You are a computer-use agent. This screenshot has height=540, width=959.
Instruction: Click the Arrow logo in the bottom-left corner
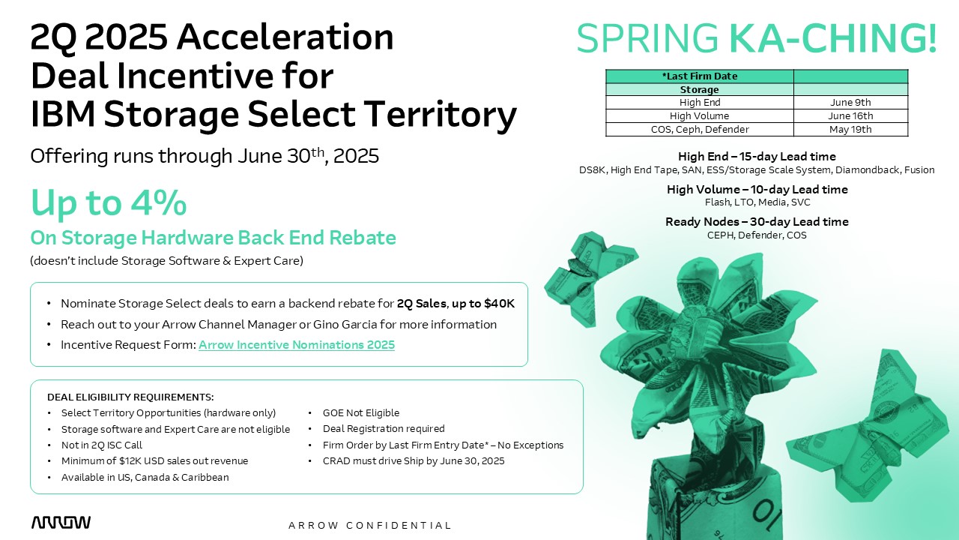(x=61, y=523)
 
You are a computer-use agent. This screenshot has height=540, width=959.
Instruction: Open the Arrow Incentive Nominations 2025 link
(x=297, y=345)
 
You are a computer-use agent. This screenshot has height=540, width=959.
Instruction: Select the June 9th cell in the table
(x=850, y=103)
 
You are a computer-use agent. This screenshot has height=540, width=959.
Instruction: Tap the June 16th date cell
(x=850, y=115)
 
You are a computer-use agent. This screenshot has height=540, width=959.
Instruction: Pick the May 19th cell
(x=850, y=130)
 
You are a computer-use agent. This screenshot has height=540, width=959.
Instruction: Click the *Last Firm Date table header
(x=700, y=76)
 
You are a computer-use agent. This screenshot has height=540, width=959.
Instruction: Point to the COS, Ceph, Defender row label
(x=700, y=130)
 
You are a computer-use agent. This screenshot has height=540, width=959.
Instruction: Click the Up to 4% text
(x=109, y=203)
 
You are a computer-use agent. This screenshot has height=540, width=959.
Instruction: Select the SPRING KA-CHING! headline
(x=757, y=37)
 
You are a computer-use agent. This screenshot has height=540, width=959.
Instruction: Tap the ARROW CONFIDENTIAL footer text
(x=370, y=526)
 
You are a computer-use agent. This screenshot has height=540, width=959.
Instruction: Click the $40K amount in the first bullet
(x=499, y=304)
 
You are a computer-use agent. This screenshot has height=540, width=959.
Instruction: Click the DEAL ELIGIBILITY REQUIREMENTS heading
(x=130, y=397)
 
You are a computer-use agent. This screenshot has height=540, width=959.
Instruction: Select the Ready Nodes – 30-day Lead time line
(x=757, y=221)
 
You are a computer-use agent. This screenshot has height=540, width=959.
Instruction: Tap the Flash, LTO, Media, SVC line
(x=757, y=202)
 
